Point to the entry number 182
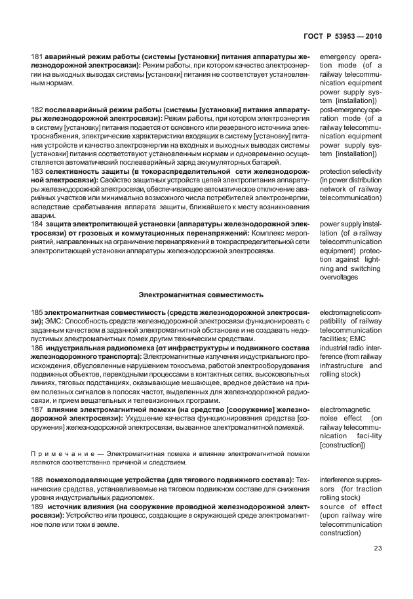37,108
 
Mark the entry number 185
37,313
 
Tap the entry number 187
37,410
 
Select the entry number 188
37,480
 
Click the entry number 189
37,507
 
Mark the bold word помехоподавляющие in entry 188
85,480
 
